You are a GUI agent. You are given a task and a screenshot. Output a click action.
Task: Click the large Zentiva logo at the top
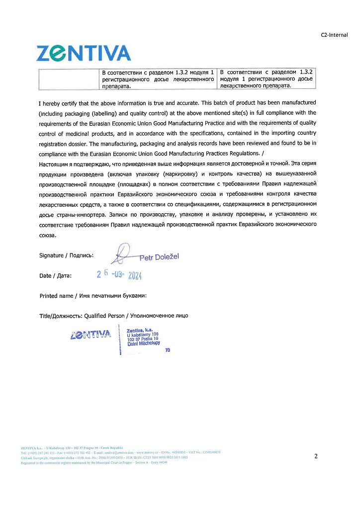click(84, 53)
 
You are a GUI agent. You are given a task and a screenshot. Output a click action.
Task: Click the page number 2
click(316, 456)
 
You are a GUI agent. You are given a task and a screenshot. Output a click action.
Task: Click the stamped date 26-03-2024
click(119, 274)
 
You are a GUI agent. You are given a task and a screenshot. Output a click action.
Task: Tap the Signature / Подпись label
click(66, 255)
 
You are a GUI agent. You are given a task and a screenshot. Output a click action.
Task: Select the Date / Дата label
click(55, 275)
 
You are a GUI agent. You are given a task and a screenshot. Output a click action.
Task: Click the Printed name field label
click(92, 296)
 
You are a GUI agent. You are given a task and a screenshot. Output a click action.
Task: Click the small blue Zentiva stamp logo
click(90, 335)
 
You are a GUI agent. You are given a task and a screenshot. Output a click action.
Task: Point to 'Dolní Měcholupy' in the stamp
click(143, 344)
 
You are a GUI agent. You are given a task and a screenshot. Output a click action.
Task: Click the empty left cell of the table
click(69, 79)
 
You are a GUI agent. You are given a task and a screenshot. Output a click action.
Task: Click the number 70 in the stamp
click(168, 350)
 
